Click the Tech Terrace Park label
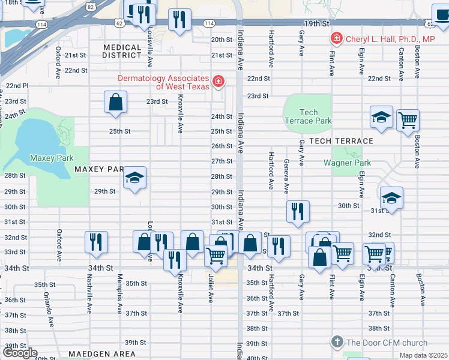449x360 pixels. click(x=308, y=116)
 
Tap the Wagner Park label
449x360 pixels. click(x=347, y=163)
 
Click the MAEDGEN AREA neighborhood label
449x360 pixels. click(x=101, y=354)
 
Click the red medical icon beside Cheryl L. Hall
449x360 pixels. click(x=336, y=39)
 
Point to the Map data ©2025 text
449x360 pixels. click(x=423, y=355)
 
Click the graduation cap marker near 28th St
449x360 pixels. click(x=134, y=178)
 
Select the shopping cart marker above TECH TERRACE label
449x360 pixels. click(x=408, y=119)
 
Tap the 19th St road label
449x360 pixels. click(x=317, y=23)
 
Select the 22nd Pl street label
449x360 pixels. click(x=16, y=86)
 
